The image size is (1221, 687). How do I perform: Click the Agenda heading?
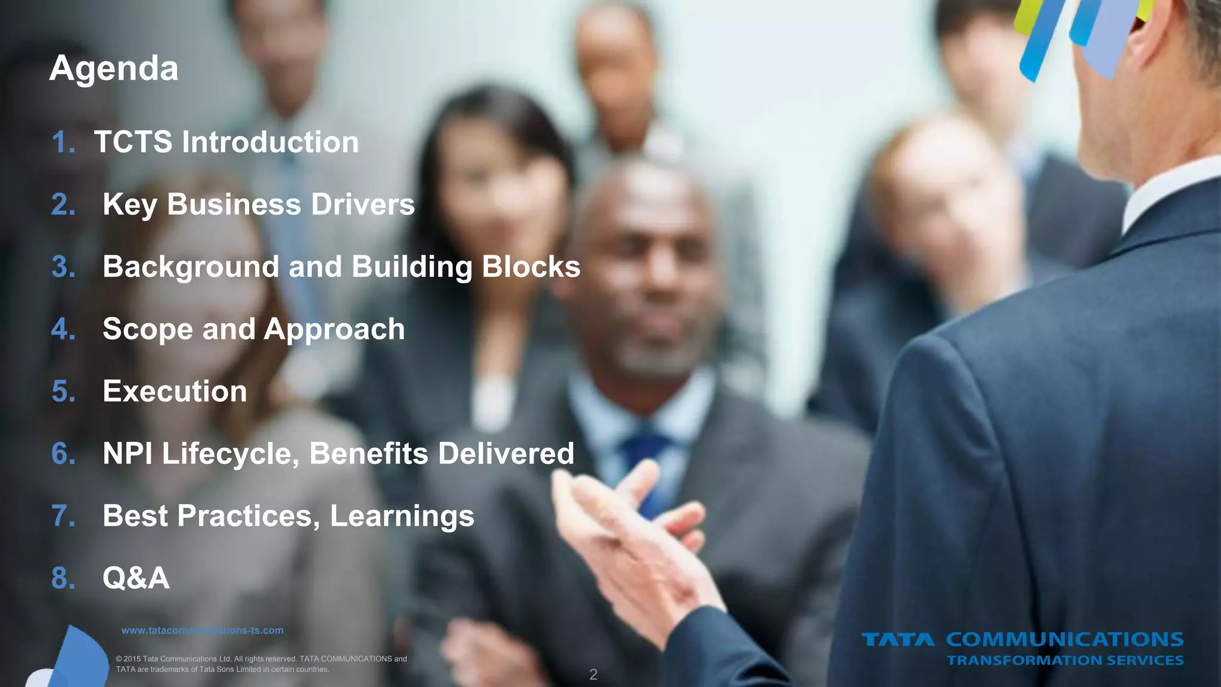(114, 69)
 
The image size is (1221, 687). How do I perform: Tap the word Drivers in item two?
(362, 205)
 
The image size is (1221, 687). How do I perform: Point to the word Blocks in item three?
(531, 267)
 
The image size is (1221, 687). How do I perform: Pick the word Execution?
(175, 392)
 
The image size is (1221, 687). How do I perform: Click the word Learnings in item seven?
(402, 516)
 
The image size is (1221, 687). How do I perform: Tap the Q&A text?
(136, 578)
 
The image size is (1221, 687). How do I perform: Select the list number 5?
(63, 392)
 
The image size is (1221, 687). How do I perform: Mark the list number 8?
(63, 578)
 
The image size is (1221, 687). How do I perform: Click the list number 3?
(63, 267)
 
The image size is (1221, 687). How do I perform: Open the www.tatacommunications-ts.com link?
(202, 630)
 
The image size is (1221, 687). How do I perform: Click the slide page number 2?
(593, 674)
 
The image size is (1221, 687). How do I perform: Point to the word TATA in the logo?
(898, 640)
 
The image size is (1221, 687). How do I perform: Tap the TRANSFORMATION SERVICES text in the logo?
(1065, 660)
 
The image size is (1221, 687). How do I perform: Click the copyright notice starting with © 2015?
(261, 664)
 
